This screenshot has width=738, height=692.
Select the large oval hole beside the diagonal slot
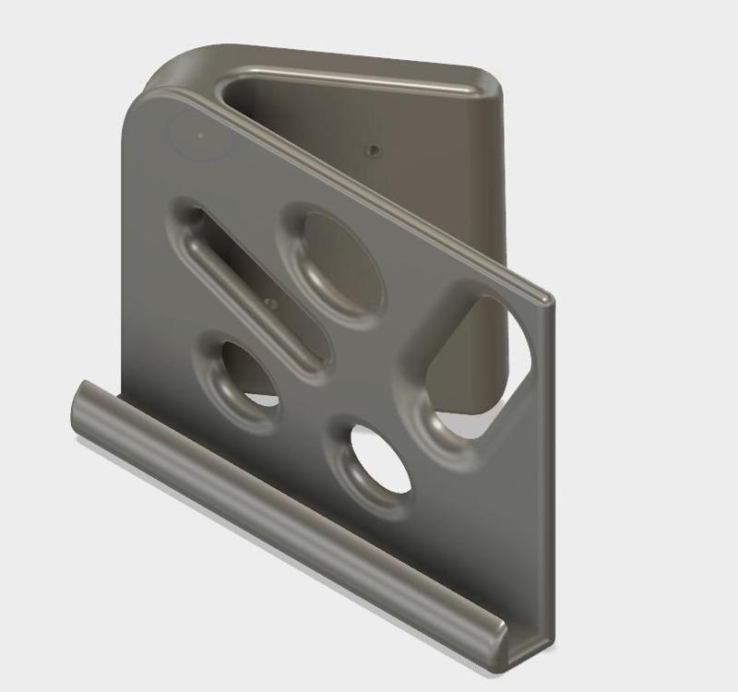(338, 264)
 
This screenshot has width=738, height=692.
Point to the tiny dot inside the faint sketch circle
(200, 136)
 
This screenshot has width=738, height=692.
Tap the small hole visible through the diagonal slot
(269, 300)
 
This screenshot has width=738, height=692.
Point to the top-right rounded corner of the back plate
(489, 79)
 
